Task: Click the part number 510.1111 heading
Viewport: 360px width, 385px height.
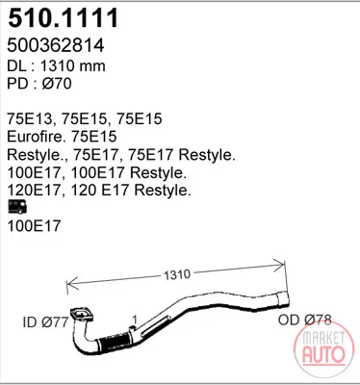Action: tap(64, 18)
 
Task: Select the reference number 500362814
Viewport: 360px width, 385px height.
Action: tap(56, 45)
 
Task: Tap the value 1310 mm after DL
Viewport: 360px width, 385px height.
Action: tap(73, 65)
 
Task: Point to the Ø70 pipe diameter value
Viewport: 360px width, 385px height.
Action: tap(57, 84)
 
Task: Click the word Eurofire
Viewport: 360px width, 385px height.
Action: tap(35, 137)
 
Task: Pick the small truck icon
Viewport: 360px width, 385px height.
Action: tap(17, 207)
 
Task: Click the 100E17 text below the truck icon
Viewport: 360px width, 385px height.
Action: tap(34, 226)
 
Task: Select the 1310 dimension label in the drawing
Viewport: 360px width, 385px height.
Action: tap(177, 274)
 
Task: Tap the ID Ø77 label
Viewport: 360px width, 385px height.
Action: tap(46, 321)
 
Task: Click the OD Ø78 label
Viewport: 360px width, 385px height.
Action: tap(304, 320)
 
